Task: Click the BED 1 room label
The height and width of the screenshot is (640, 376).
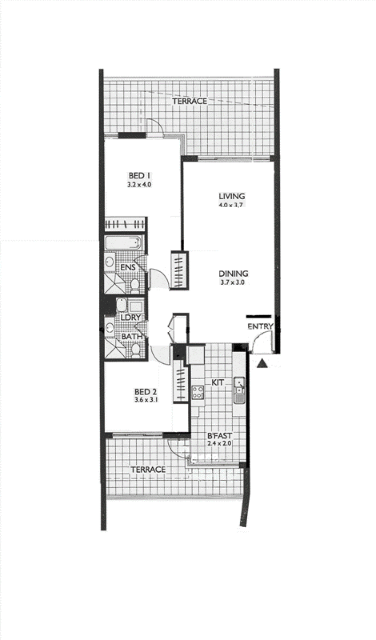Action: tap(139, 175)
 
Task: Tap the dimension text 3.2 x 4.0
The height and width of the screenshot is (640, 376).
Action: tap(139, 185)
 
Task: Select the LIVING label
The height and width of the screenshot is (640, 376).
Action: tap(232, 196)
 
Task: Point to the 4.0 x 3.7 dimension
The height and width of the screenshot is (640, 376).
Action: tap(231, 205)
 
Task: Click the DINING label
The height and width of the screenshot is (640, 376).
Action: tap(233, 273)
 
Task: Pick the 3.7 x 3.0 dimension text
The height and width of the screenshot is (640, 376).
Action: tap(232, 282)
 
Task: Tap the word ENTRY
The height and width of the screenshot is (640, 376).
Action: tap(260, 326)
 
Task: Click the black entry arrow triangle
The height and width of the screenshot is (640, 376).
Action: tap(262, 363)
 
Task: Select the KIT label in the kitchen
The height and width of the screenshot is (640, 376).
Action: tap(218, 382)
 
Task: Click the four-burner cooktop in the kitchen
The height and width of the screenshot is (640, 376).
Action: tap(198, 392)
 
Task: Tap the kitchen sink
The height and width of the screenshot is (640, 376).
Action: tap(239, 390)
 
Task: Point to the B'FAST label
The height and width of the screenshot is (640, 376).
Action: tap(219, 436)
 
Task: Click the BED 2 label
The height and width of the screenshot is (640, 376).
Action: tap(146, 391)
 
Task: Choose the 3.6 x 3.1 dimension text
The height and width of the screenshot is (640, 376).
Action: tap(146, 400)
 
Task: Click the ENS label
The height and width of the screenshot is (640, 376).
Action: tap(128, 267)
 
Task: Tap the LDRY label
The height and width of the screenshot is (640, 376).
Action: tap(131, 317)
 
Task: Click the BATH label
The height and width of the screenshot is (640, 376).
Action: tap(132, 336)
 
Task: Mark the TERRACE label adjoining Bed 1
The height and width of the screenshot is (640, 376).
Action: tap(189, 101)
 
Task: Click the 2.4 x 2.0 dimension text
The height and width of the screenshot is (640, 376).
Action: tap(219, 444)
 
